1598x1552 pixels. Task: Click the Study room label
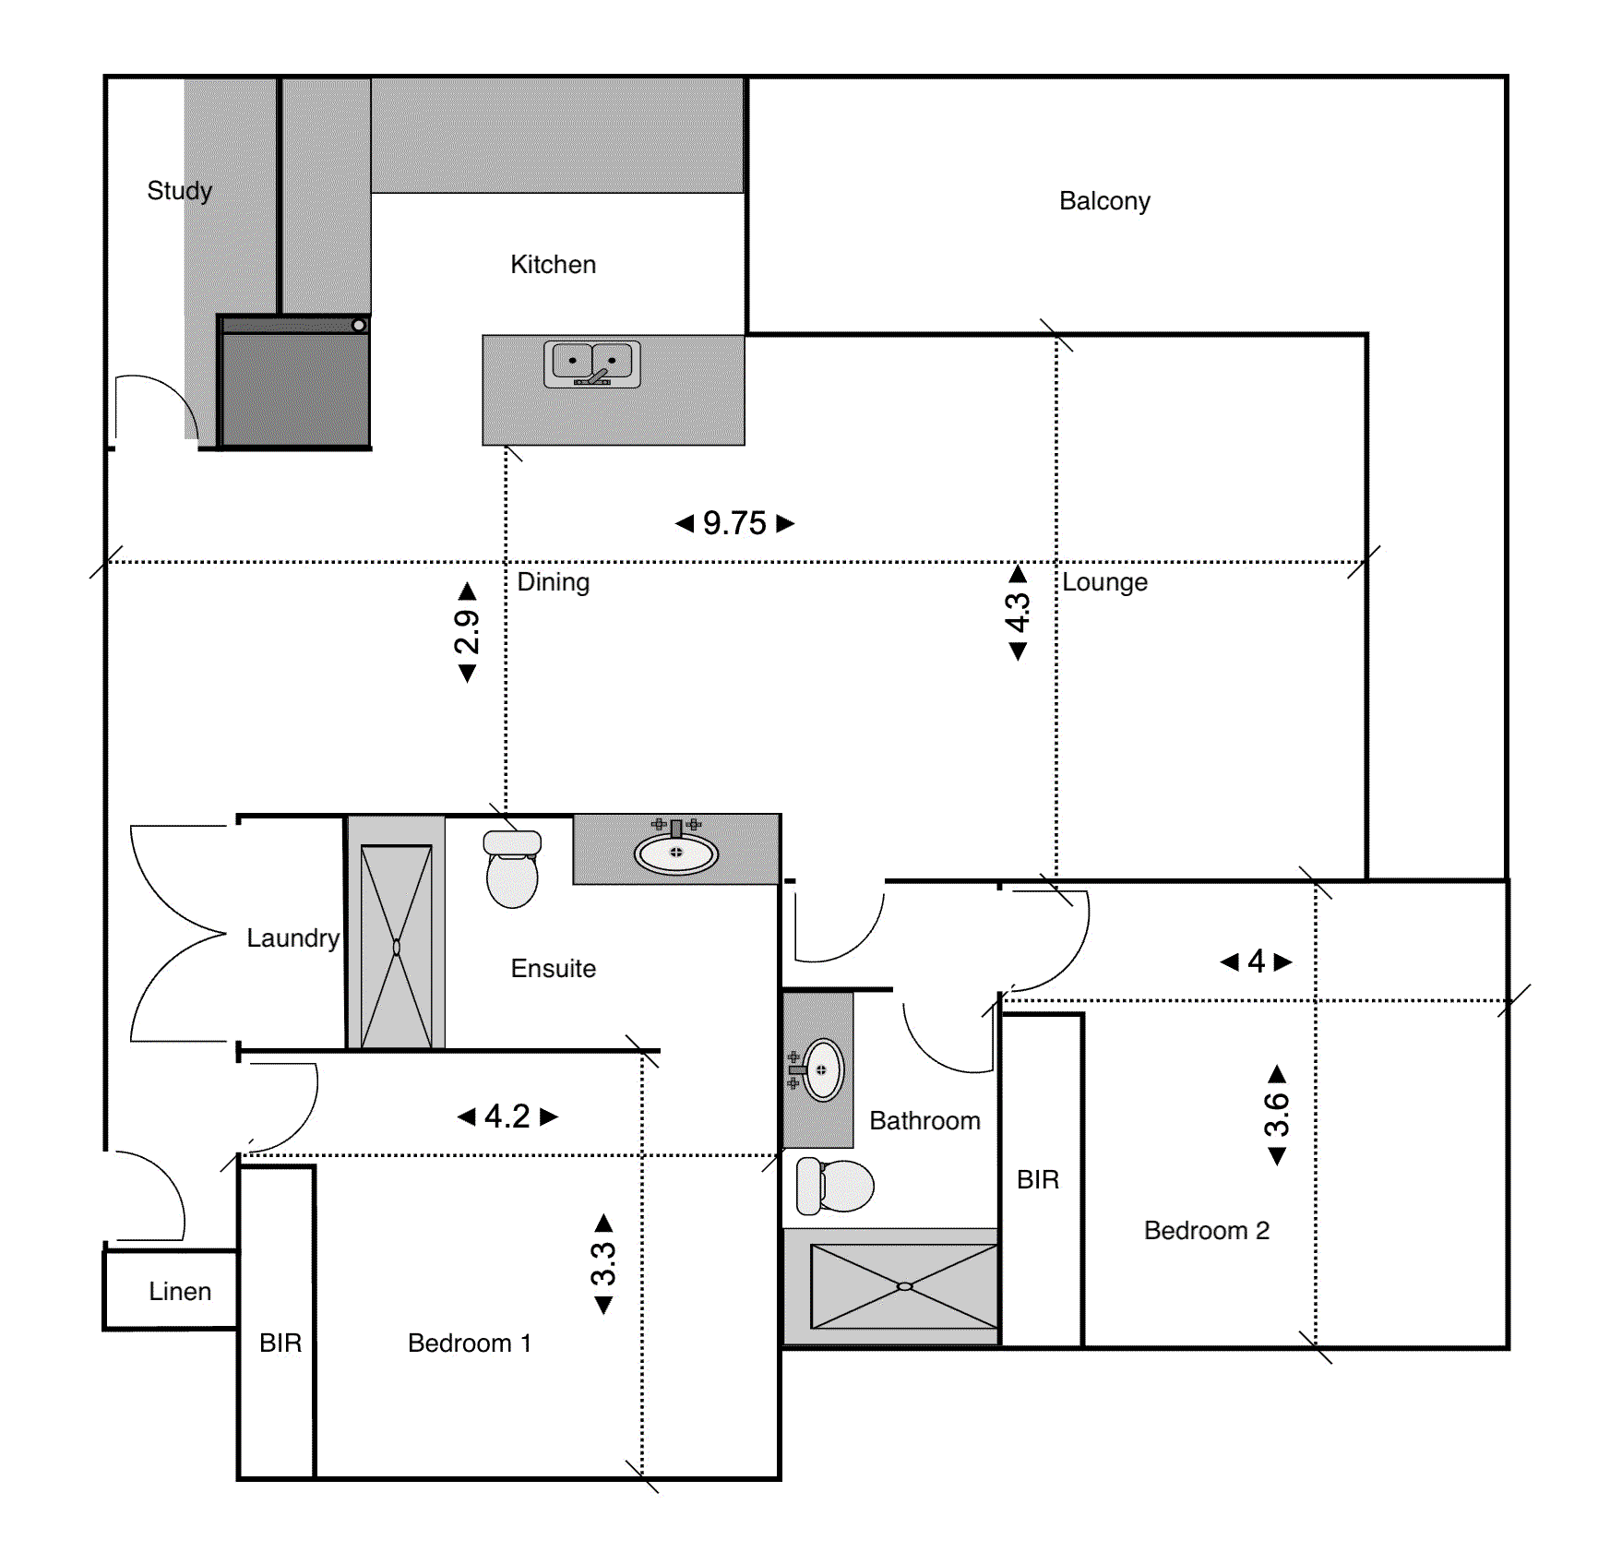click(x=179, y=191)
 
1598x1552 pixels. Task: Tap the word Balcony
click(x=1104, y=201)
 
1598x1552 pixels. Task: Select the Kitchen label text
click(x=553, y=265)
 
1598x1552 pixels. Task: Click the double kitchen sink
click(x=592, y=364)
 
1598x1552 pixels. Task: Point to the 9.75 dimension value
click(x=734, y=523)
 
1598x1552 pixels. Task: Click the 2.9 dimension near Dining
click(x=468, y=632)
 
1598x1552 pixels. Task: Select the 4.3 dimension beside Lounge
click(x=1017, y=613)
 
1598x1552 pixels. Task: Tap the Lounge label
click(x=1104, y=582)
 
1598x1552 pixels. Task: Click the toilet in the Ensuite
click(x=512, y=868)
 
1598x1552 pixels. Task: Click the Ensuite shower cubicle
click(x=396, y=947)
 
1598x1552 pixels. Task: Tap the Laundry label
click(x=293, y=938)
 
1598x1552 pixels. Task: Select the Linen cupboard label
click(x=180, y=1292)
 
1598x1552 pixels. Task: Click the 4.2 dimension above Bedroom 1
click(x=507, y=1116)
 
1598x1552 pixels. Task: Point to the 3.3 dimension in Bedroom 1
click(x=603, y=1264)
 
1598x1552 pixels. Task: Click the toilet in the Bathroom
click(x=835, y=1186)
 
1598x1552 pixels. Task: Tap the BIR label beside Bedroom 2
click(x=1038, y=1180)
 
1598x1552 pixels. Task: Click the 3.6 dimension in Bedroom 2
click(x=1277, y=1115)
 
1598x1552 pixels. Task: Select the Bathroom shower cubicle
click(x=904, y=1286)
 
